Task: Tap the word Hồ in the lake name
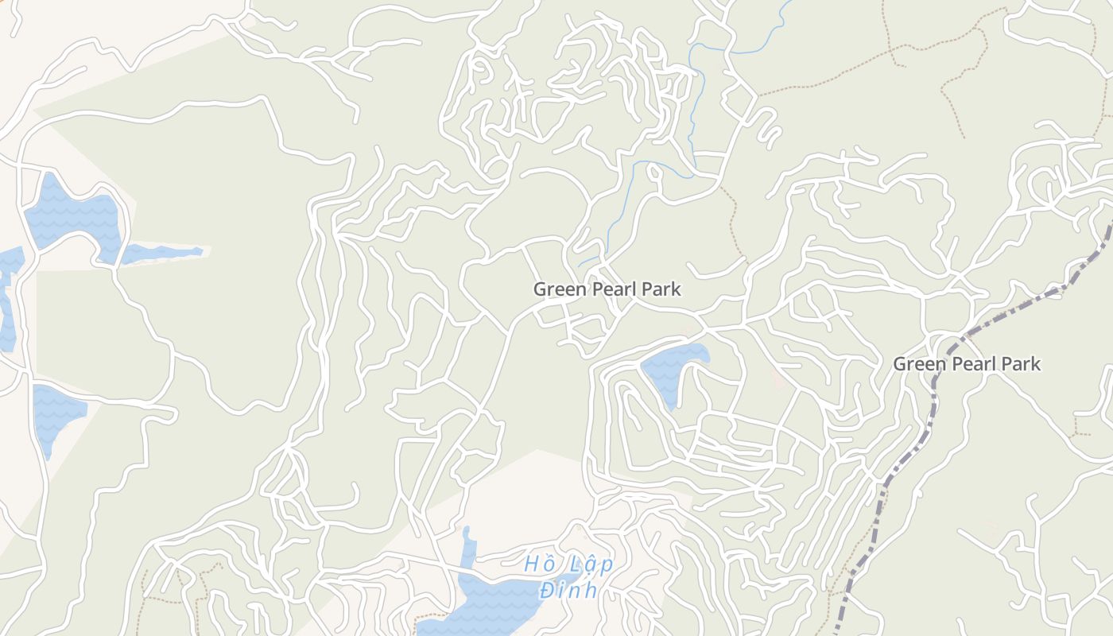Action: [x=537, y=564]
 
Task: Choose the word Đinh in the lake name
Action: [x=568, y=591]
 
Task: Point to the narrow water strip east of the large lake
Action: [x=163, y=253]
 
